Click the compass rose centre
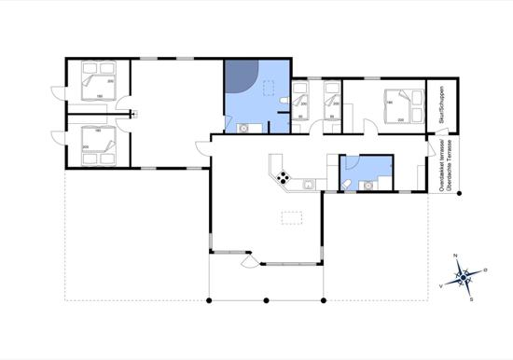(464, 276)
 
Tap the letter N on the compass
(454, 256)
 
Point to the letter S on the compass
(473, 298)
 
